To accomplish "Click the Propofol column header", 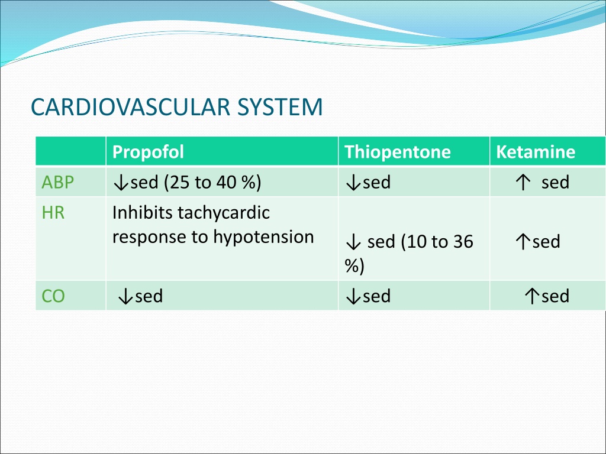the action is click(x=148, y=152).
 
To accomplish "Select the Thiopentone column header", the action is click(x=398, y=152).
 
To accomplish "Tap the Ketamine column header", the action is click(x=536, y=152).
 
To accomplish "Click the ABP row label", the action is click(x=57, y=182).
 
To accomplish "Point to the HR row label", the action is click(x=53, y=213).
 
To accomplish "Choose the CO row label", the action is click(x=53, y=296).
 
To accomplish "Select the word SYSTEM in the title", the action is click(x=280, y=107).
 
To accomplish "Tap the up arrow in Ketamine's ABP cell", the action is click(x=523, y=182).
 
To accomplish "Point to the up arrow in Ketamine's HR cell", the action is click(x=523, y=242).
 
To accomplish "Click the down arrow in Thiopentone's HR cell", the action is click(x=353, y=242).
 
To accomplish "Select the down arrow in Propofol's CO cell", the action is click(x=125, y=297).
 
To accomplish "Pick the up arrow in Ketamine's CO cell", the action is click(x=532, y=296).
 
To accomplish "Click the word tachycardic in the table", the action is click(x=224, y=213).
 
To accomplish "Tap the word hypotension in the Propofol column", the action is click(x=263, y=237).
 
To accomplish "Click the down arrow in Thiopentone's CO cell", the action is click(x=353, y=297).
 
